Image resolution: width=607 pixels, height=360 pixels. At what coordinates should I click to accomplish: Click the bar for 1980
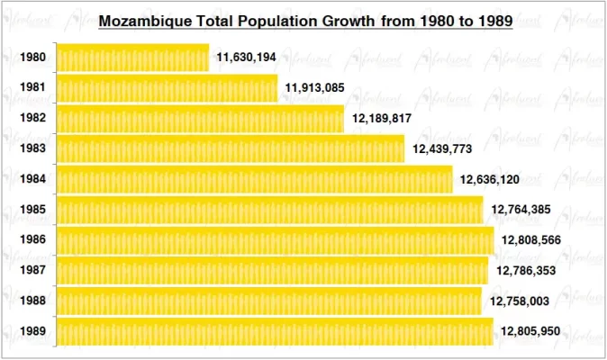coord(132,58)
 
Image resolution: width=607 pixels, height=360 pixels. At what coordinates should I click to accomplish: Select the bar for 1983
coord(231,148)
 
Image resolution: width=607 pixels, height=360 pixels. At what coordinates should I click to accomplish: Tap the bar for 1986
coord(275,239)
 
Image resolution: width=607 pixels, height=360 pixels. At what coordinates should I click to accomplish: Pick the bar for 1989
coord(275,331)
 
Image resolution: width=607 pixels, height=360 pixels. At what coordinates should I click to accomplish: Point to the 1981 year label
coord(32,88)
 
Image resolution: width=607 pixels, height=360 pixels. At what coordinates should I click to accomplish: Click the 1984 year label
coord(32,179)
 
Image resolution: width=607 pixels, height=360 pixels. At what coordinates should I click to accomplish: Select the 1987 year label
coord(32,270)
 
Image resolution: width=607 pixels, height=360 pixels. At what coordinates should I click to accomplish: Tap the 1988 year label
coord(32,301)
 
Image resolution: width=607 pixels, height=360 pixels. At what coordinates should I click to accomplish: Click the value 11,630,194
coord(246,58)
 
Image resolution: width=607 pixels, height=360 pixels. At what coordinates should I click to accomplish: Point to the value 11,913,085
coord(315,88)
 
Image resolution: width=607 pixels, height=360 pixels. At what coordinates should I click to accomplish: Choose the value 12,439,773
coord(442,148)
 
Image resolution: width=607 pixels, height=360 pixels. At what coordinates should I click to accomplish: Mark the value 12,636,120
coord(489,179)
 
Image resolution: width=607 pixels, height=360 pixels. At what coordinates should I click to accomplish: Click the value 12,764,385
coord(521,210)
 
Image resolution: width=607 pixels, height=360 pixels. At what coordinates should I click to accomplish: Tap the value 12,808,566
coord(531,240)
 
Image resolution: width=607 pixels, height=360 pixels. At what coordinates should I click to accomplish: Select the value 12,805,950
coord(531,331)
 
